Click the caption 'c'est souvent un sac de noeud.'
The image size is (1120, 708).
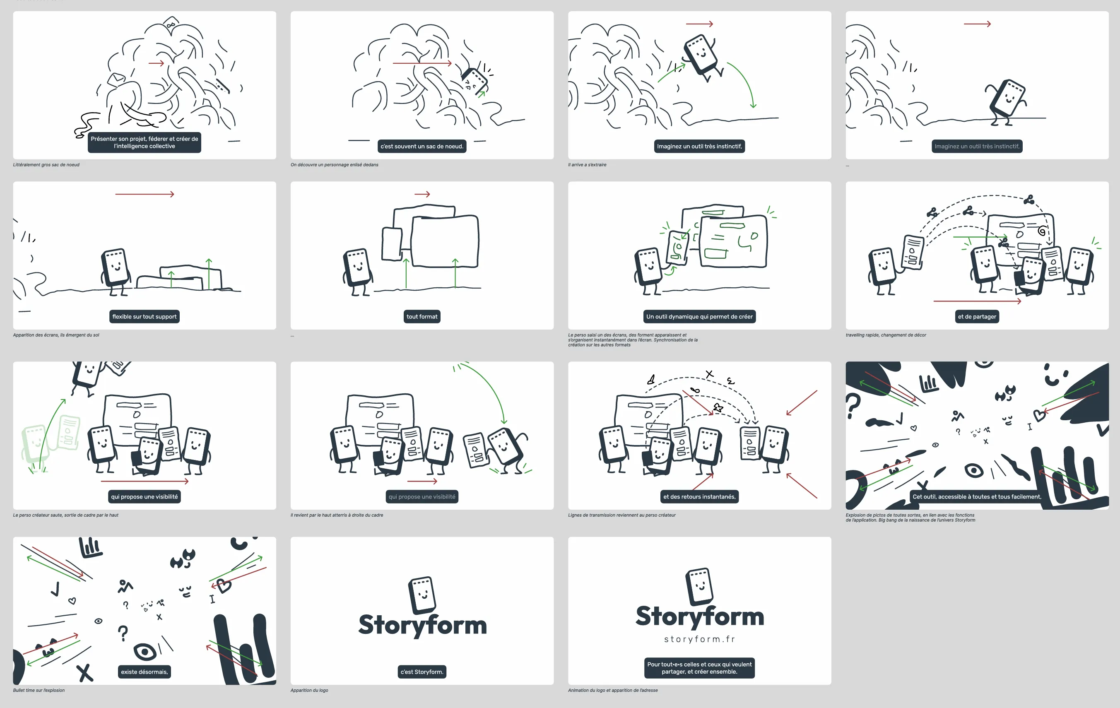422,146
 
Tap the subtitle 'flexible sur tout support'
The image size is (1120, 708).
144,316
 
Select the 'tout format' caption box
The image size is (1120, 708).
422,316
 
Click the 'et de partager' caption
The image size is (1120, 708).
977,316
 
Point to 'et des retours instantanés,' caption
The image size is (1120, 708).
699,496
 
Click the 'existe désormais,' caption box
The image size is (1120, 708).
144,671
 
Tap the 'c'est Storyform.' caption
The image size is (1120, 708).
422,671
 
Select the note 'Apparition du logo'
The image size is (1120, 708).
309,690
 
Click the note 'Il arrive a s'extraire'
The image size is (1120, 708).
587,165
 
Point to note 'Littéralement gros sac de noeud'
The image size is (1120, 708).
46,165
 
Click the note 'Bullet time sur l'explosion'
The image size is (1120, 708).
39,690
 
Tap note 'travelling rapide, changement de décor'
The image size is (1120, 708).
886,335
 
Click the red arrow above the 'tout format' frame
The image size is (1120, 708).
422,194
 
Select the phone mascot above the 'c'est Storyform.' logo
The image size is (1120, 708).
422,595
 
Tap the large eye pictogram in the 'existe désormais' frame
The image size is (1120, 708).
145,651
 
